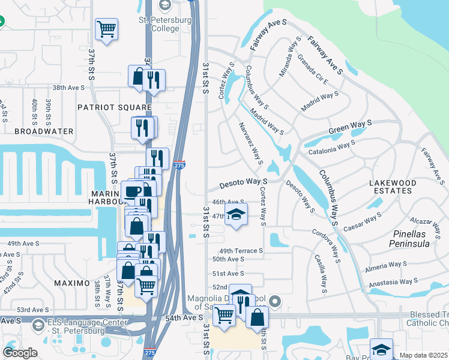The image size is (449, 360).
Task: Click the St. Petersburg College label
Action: [159, 24]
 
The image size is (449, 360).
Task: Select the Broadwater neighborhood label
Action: [44, 131]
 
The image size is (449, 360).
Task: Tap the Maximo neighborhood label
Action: [73, 283]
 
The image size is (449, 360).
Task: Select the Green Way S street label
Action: [351, 127]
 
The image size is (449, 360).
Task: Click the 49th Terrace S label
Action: [241, 251]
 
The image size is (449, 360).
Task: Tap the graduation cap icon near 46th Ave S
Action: [237, 215]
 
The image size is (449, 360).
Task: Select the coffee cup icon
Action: [132, 190]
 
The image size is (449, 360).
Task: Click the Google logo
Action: [20, 352]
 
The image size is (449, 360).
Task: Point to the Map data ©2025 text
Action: [423, 355]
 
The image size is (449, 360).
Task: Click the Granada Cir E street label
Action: [312, 71]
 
